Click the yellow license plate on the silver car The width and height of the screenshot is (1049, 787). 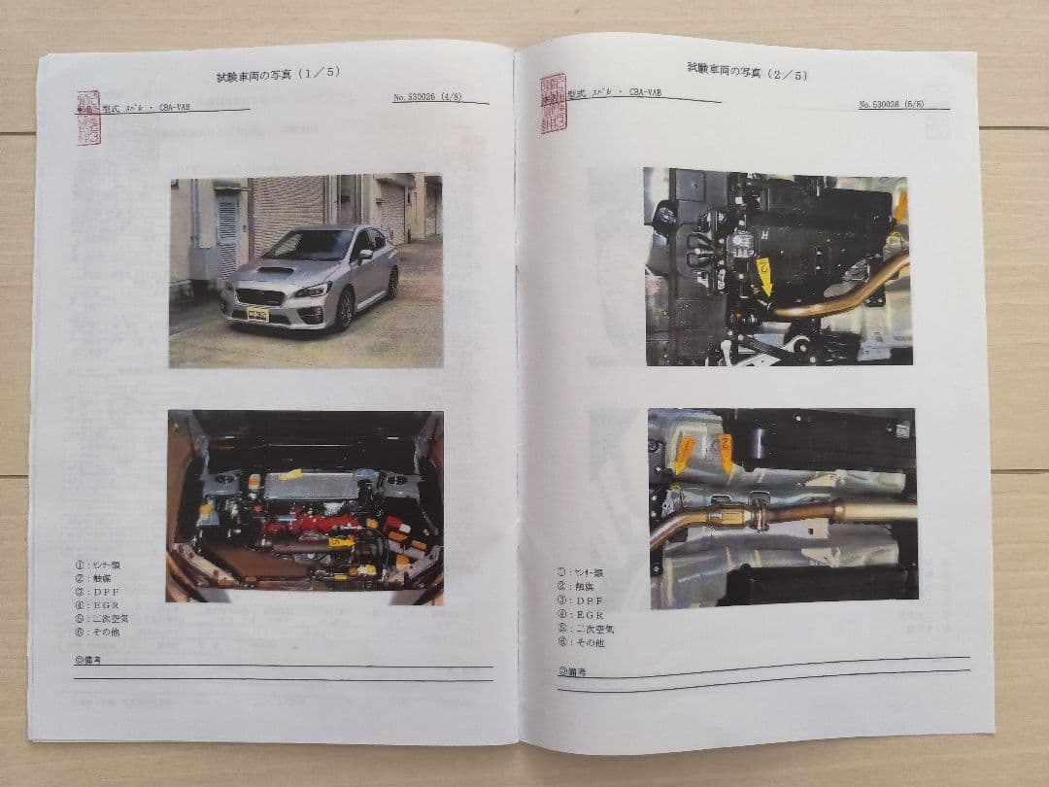pyautogui.click(x=257, y=314)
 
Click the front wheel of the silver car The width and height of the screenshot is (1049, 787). pyautogui.click(x=345, y=310)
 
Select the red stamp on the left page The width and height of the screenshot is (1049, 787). pyautogui.click(x=88, y=118)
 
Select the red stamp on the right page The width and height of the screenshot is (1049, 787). pyautogui.click(x=554, y=103)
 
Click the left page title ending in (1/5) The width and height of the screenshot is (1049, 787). pyautogui.click(x=278, y=74)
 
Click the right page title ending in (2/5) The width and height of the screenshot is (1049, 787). pyautogui.click(x=747, y=71)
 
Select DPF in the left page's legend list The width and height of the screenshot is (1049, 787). pyautogui.click(x=108, y=591)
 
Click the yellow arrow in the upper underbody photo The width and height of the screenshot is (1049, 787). pyautogui.click(x=765, y=274)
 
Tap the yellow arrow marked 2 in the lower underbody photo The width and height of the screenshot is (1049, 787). pyautogui.click(x=726, y=453)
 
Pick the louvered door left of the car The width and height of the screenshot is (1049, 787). pyautogui.click(x=227, y=234)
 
